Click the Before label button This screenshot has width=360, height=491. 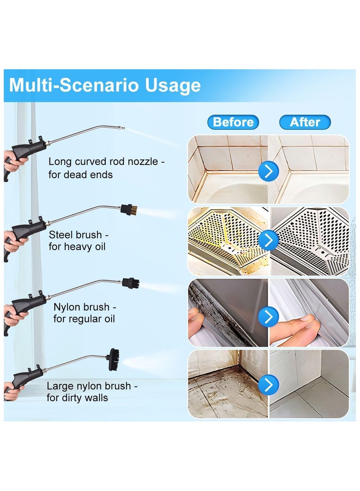tap(233, 122)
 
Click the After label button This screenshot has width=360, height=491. tap(305, 122)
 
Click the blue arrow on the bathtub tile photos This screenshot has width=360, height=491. tap(269, 171)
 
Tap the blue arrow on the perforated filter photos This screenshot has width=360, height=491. tap(269, 241)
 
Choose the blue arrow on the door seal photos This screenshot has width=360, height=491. tap(269, 317)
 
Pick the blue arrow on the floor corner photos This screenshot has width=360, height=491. tap(269, 385)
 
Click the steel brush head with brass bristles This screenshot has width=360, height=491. tap(126, 209)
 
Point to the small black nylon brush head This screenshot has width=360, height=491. tap(131, 283)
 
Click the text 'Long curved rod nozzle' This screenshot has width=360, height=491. tap(103, 162)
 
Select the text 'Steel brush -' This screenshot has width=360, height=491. tap(79, 234)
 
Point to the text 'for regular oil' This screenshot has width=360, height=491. tap(84, 319)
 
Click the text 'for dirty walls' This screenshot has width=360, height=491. tap(77, 398)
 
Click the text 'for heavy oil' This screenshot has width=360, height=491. tap(77, 247)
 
